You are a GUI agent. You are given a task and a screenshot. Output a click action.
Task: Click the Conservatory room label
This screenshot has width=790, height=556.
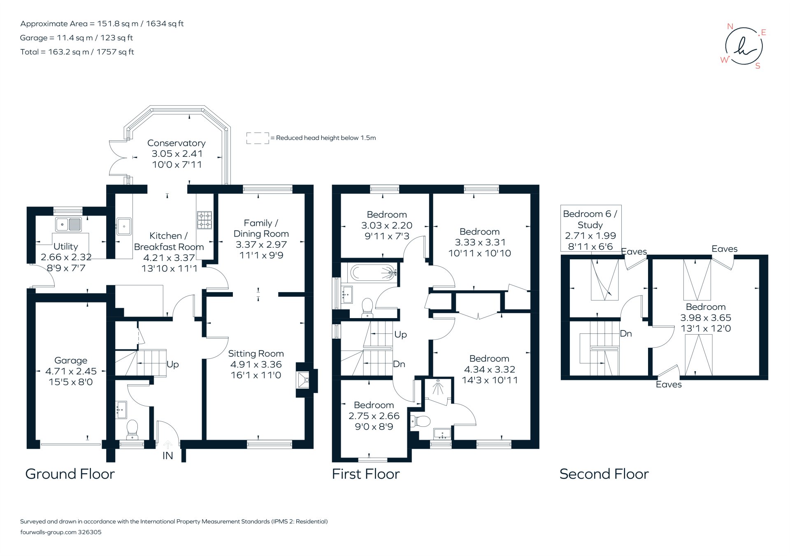pyautogui.click(x=176, y=143)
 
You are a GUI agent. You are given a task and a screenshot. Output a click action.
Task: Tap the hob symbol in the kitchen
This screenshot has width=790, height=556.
pyautogui.click(x=204, y=220)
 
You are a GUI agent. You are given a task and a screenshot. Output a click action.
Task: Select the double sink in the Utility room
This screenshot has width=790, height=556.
pyautogui.click(x=69, y=225)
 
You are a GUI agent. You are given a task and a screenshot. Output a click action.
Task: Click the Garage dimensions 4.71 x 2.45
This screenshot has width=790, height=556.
pyautogui.click(x=71, y=371)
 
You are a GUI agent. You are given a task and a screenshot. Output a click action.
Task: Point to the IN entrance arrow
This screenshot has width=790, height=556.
pyautogui.click(x=167, y=445)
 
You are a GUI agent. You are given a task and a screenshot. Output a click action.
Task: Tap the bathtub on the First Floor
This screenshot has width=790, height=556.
pyautogui.click(x=373, y=272)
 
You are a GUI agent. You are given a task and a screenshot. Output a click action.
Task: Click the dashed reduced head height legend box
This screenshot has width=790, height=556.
pyautogui.click(x=258, y=138)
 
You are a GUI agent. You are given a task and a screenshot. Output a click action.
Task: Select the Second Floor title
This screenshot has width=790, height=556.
pyautogui.click(x=604, y=474)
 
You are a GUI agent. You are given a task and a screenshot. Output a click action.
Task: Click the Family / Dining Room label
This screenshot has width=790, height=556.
pyautogui.click(x=261, y=228)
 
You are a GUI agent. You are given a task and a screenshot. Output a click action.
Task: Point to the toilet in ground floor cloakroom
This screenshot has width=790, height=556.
pyautogui.click(x=132, y=428)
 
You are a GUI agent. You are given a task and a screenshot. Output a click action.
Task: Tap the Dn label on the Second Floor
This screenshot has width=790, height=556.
pyautogui.click(x=625, y=334)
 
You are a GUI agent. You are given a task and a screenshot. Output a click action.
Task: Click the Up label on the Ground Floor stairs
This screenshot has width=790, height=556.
pyautogui.click(x=172, y=365)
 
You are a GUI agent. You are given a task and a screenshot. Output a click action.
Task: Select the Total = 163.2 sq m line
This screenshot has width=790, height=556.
pyautogui.click(x=77, y=52)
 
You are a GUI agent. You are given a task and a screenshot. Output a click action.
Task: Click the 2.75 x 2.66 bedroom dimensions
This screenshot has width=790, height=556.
pyautogui.click(x=374, y=416)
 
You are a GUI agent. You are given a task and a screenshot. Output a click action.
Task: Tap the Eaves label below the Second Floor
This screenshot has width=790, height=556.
pyautogui.click(x=668, y=384)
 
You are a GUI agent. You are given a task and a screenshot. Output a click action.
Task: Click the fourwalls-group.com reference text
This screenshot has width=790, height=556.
pyautogui.click(x=61, y=532)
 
